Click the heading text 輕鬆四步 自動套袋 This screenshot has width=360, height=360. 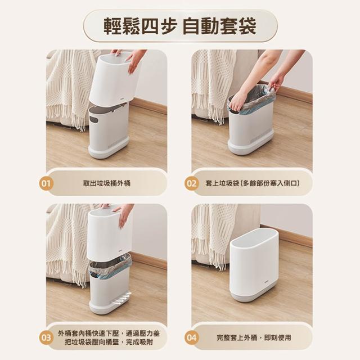[x=180, y=26]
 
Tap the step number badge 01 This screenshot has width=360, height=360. [x=46, y=184]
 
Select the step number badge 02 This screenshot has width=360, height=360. [x=191, y=184]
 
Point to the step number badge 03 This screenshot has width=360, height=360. [x=46, y=337]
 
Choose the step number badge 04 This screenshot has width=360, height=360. [x=191, y=337]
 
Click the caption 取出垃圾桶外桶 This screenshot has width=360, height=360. [x=107, y=183]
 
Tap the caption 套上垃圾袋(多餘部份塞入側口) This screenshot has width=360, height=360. [x=253, y=183]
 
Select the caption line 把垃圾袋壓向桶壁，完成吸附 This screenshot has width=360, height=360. [x=109, y=343]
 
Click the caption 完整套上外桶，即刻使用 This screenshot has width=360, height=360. [x=254, y=337]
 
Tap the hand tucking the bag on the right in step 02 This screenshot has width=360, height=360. [x=276, y=83]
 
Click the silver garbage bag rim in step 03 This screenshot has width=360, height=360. [x=110, y=264]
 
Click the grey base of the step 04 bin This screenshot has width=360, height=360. [x=254, y=294]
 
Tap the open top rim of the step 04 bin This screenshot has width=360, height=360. [x=255, y=238]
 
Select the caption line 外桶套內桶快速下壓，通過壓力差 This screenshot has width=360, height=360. [x=109, y=334]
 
